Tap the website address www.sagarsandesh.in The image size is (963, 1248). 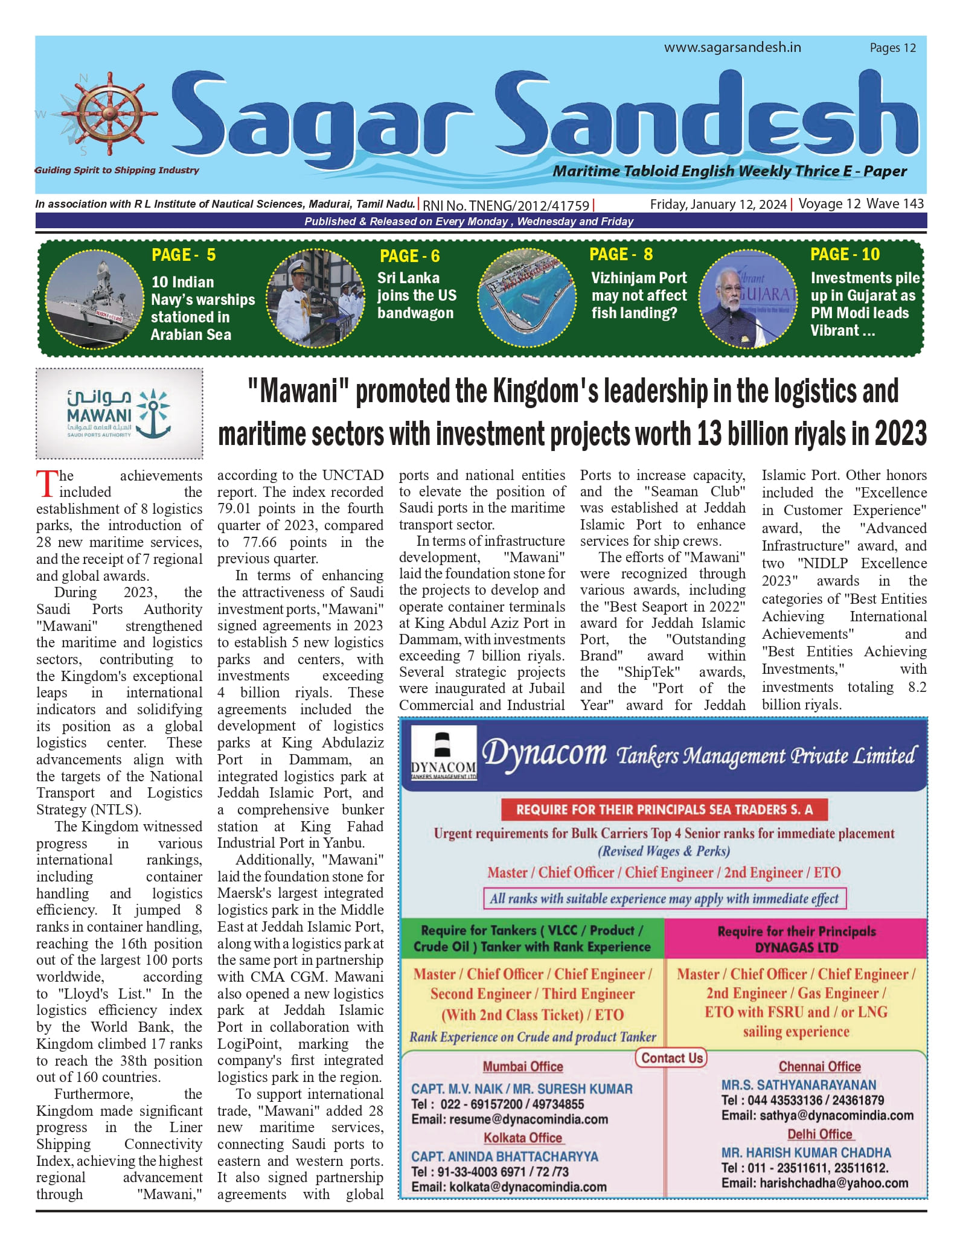coord(732,48)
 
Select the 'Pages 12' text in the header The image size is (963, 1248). coord(892,48)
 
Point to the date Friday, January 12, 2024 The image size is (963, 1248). coord(718,205)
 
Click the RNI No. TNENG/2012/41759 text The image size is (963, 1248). coord(506,206)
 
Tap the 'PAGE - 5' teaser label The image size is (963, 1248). coord(184,255)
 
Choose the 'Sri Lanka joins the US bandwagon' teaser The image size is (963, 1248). coord(416,295)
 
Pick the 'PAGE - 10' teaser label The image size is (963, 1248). coord(845,254)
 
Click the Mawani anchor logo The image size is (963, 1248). coord(154,412)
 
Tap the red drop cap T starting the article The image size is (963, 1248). coord(46,484)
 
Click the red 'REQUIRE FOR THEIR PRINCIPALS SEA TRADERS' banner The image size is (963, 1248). coord(664,810)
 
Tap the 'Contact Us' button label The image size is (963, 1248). coord(672,1058)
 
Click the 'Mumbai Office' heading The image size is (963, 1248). coord(523,1067)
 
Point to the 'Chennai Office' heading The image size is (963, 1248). coord(819,1067)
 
